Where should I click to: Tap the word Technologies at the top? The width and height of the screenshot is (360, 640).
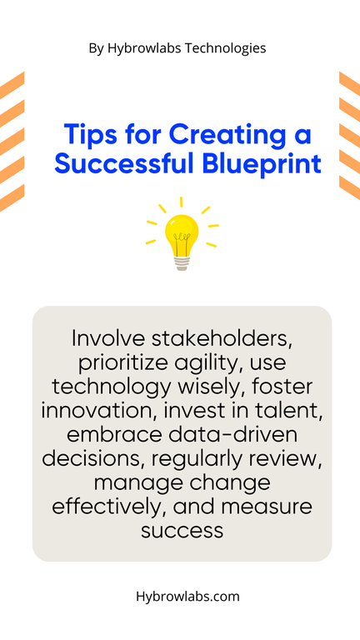coord(225,48)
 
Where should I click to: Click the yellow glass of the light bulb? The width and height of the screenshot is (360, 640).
coord(182,233)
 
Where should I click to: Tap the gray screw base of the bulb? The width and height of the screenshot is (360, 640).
coord(182,262)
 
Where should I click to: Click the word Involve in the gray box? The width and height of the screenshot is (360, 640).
coord(107,339)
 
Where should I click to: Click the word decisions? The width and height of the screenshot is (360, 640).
coord(93,459)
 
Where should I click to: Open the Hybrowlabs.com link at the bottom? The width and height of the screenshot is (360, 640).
coord(187,597)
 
